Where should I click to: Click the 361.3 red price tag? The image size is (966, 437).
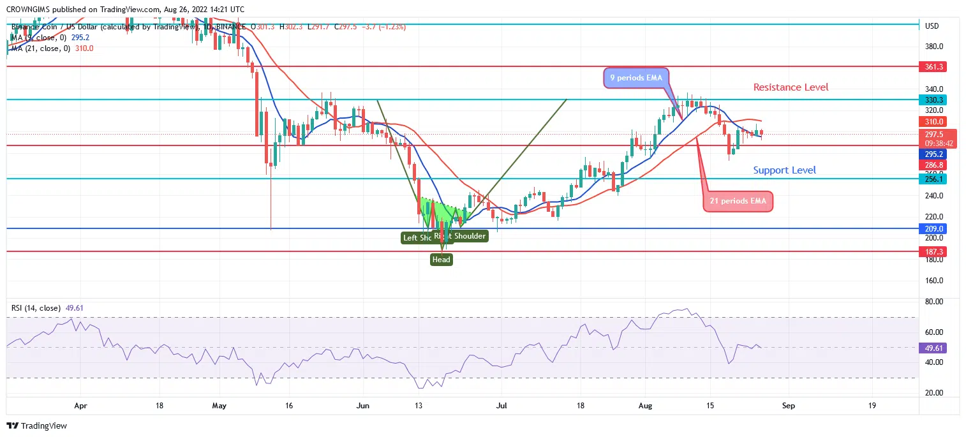[x=932, y=66]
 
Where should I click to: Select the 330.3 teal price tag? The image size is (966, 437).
[x=932, y=100]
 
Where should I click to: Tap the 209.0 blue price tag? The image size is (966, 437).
[x=932, y=228]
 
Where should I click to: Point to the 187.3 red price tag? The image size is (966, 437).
[x=932, y=252]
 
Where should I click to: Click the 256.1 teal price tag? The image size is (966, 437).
[x=932, y=179]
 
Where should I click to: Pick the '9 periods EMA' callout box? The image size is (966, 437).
[x=635, y=78]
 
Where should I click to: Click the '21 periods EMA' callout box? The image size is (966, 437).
[x=738, y=202]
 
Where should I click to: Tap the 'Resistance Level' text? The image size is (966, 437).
[x=791, y=87]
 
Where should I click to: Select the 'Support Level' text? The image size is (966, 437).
[x=784, y=170]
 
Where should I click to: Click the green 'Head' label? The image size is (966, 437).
[x=441, y=260]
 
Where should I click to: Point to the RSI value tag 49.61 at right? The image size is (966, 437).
[x=932, y=348]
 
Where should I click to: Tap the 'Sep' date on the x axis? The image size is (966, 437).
[x=788, y=405]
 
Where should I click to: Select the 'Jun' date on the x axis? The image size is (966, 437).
[x=363, y=405]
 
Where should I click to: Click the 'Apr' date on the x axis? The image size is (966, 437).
[x=80, y=405]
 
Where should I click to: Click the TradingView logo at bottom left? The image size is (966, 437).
[x=37, y=426]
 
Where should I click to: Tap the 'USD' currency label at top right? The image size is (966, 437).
[x=932, y=26]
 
